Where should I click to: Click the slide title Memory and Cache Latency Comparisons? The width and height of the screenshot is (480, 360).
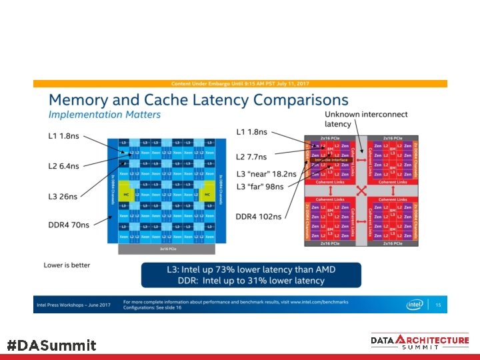(198, 100)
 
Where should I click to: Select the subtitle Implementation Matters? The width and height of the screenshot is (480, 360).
(104, 115)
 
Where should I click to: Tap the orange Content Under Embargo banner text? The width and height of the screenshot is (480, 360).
(241, 83)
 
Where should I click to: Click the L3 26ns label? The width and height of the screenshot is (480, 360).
(63, 196)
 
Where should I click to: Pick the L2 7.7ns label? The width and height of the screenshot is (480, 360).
(252, 157)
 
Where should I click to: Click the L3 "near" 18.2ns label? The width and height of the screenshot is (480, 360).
(267, 173)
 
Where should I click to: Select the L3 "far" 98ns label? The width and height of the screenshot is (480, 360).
(261, 186)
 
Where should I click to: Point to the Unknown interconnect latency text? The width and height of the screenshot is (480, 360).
(357, 119)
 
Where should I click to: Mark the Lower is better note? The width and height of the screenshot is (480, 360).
(67, 265)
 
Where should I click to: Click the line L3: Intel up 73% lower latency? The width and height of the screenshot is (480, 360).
(251, 270)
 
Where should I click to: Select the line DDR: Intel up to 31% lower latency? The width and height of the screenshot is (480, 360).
(251, 281)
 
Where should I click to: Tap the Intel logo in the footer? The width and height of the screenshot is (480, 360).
(415, 305)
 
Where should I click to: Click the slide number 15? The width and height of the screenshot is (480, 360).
(438, 305)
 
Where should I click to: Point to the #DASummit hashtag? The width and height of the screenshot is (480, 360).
(51, 345)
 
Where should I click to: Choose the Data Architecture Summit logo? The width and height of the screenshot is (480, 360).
(420, 342)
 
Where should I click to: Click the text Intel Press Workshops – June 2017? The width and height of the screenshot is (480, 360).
(72, 304)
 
